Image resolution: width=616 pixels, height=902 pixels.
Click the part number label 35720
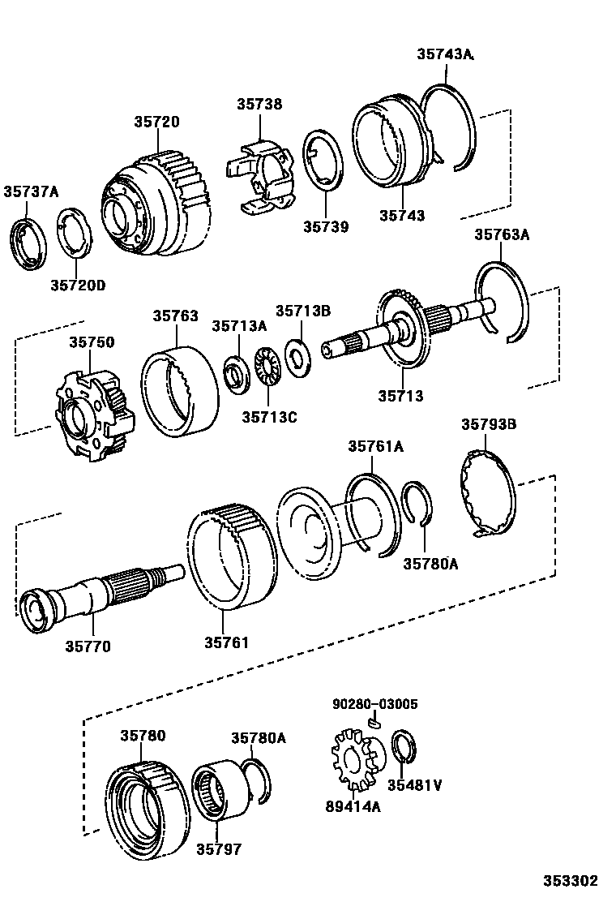pos(156,122)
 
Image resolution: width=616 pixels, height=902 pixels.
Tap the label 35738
pos(259,104)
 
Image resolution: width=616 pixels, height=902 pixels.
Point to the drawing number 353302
pos(570,881)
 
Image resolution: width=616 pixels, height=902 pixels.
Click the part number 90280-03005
pos(374,704)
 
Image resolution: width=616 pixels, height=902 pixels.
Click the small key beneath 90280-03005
pos(374,720)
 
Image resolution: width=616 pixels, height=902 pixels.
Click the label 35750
pos(92,342)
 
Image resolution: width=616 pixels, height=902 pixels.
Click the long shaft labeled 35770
pos(89,596)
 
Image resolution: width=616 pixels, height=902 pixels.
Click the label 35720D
pos(78,285)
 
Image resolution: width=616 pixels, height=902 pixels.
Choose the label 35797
pos(217,849)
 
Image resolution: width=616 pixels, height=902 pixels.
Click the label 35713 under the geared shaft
pos(400,397)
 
